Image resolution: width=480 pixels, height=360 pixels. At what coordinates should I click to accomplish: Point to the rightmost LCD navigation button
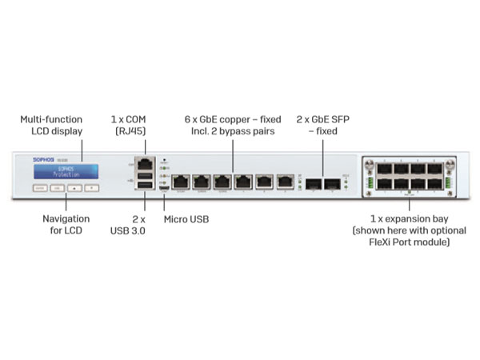coord(93,189)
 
